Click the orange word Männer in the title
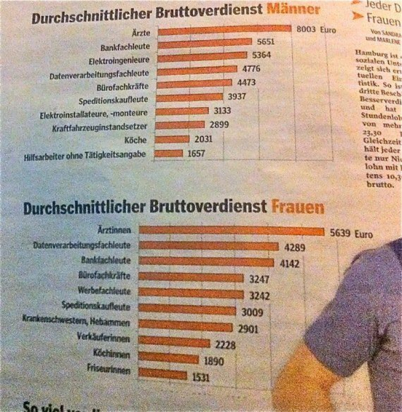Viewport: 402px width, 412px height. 294,9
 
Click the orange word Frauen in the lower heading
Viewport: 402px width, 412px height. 297,208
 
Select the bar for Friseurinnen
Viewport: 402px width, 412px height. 162,374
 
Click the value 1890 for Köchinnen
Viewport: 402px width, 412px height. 212,361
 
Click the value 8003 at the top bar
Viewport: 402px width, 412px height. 307,28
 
